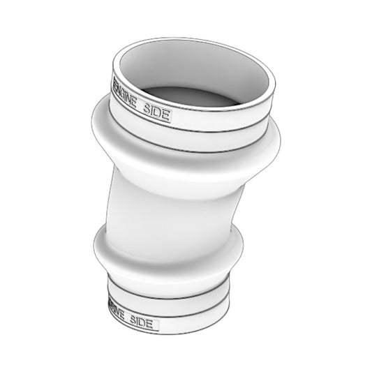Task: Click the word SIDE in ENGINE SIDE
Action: [155, 112]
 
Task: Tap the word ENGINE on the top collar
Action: [126, 98]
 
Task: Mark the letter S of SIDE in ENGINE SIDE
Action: [144, 109]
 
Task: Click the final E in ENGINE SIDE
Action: [165, 115]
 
